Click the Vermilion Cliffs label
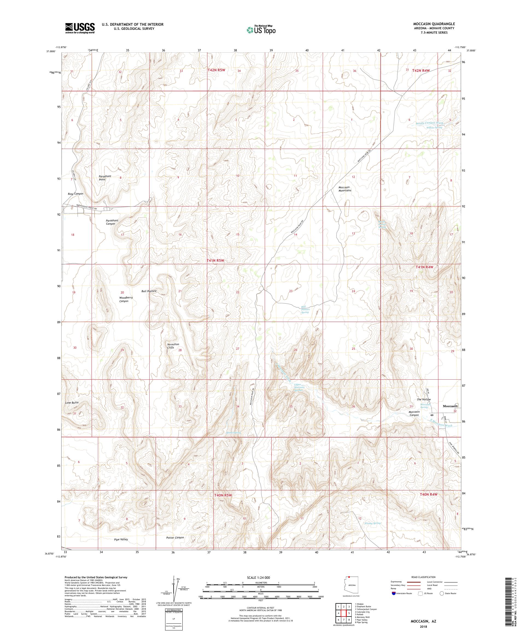pyautogui.click(x=173, y=346)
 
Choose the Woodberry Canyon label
pyautogui.click(x=126, y=299)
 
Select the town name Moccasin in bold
pyautogui.click(x=450, y=406)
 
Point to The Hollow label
pyautogui.click(x=424, y=400)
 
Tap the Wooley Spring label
pyautogui.click(x=372, y=523)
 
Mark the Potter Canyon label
pyautogui.click(x=175, y=537)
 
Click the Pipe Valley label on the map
pyautogui.click(x=121, y=539)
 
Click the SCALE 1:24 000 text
pyautogui.click(x=261, y=577)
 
